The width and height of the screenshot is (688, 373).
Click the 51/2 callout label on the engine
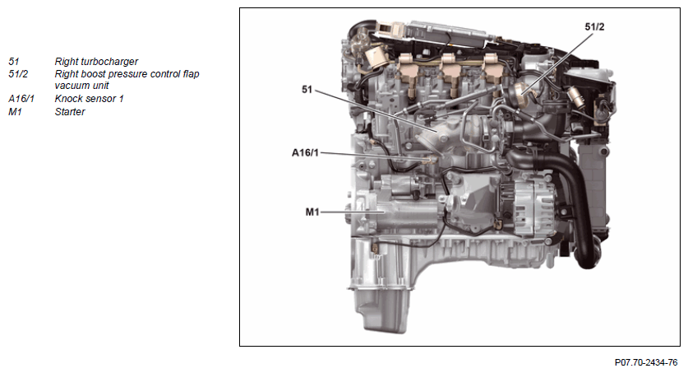tap(594, 27)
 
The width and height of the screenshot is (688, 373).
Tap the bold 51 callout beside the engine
tap(307, 89)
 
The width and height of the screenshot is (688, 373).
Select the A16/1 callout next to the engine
tap(305, 152)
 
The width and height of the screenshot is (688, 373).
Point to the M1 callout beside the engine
tap(312, 212)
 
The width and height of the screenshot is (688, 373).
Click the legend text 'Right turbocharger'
tap(96, 62)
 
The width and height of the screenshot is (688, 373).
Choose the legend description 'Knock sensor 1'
tap(89, 99)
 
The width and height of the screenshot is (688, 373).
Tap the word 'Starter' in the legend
tap(70, 112)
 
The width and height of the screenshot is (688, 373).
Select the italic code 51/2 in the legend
tap(18, 74)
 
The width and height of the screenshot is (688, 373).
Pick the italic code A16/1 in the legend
tap(21, 99)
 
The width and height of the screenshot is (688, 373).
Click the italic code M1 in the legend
tap(15, 112)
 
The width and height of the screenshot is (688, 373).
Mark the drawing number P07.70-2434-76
tap(646, 362)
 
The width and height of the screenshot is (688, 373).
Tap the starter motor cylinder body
tap(404, 212)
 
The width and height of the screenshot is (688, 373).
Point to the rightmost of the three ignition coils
tap(492, 70)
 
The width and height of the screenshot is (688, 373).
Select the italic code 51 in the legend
tap(14, 62)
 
